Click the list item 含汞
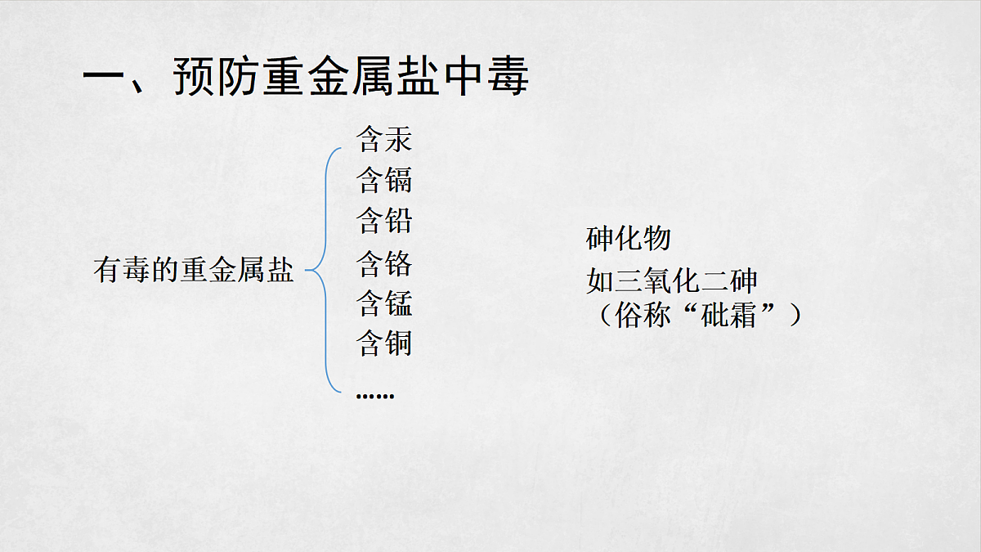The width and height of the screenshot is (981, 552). pyautogui.click(x=384, y=139)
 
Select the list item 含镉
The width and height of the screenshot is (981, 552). pyautogui.click(x=384, y=180)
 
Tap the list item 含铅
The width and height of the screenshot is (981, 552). pyautogui.click(x=384, y=220)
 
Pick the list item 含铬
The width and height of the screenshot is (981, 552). pyautogui.click(x=384, y=263)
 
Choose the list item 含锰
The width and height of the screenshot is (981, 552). pyautogui.click(x=384, y=303)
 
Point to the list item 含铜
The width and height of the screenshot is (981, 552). pyautogui.click(x=384, y=343)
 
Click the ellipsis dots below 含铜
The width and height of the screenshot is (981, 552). pyautogui.click(x=375, y=396)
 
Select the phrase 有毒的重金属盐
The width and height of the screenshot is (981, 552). pyautogui.click(x=193, y=270)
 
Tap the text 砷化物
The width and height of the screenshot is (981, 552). pyautogui.click(x=629, y=239)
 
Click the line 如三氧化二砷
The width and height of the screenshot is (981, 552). pyautogui.click(x=672, y=280)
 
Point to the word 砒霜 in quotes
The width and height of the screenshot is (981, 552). pyautogui.click(x=728, y=315)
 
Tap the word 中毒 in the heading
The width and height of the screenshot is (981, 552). pyautogui.click(x=487, y=76)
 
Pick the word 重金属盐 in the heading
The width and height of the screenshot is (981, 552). pyautogui.click(x=352, y=76)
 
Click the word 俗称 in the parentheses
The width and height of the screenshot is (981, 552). pyautogui.click(x=643, y=315)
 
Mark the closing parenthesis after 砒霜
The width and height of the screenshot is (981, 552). pyautogui.click(x=795, y=315)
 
